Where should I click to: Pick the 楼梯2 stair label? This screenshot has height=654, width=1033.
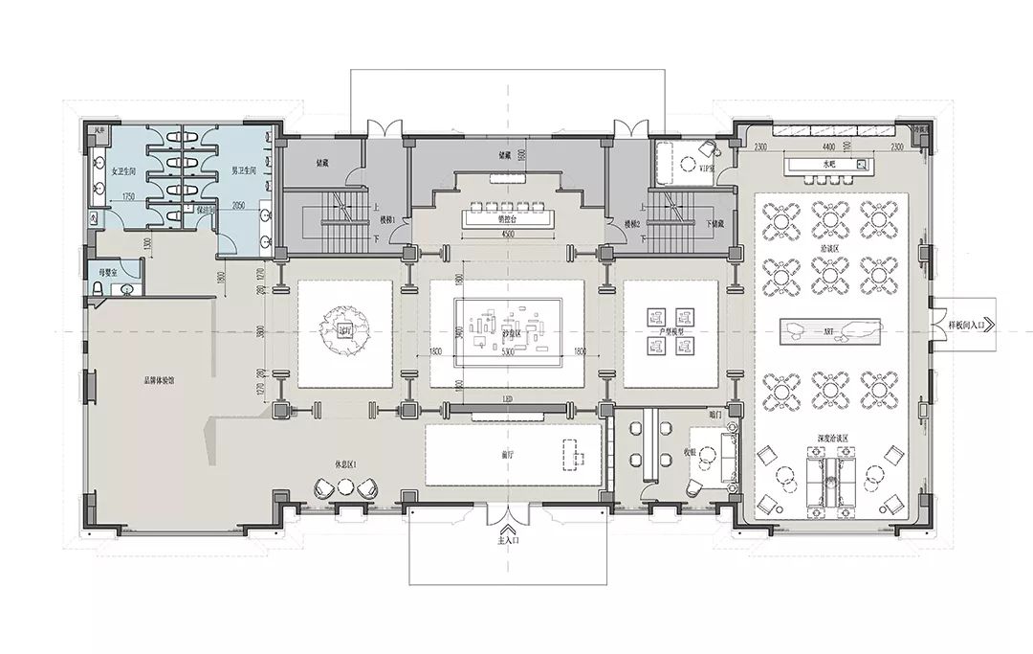click(631, 223)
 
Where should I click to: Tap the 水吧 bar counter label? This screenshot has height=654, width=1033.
click(828, 164)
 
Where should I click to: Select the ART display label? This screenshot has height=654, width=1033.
click(828, 333)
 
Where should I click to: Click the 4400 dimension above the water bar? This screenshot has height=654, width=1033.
click(828, 147)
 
